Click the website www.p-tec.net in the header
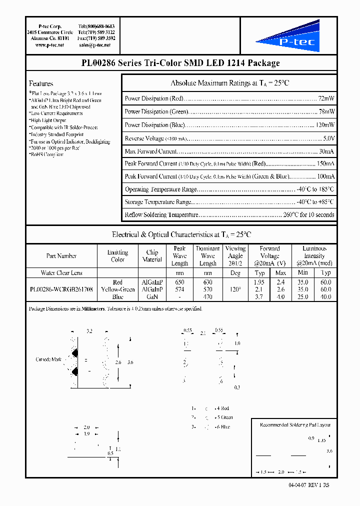(49, 45)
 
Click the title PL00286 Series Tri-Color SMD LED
(180, 63)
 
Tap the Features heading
(41, 83)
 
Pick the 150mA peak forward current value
(325, 163)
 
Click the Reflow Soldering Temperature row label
(161, 214)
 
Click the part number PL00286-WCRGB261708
(61, 289)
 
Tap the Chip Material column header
(152, 255)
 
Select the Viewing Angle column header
(235, 255)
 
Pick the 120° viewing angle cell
(235, 289)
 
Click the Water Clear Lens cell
(61, 273)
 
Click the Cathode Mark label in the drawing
(48, 359)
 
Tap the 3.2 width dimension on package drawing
(90, 331)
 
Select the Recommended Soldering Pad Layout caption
(295, 425)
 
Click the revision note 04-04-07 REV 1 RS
(309, 485)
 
